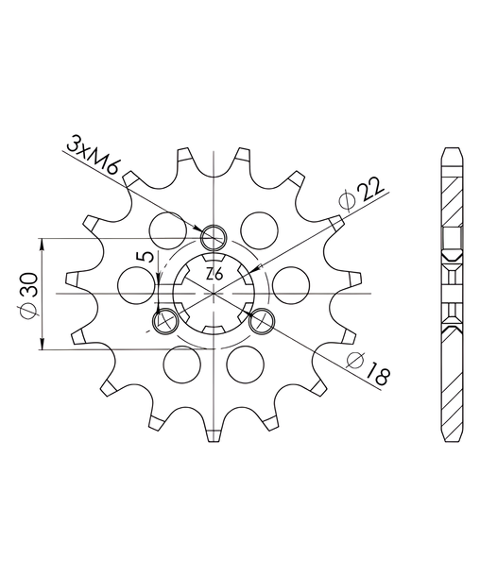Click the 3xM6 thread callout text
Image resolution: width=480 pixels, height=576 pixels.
pyautogui.click(x=93, y=155)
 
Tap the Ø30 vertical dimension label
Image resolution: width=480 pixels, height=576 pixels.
pyautogui.click(x=29, y=295)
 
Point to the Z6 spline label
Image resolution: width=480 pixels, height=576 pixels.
pyautogui.click(x=214, y=275)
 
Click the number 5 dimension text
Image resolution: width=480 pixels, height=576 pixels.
pyautogui.click(x=146, y=257)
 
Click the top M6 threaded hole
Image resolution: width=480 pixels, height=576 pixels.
pyautogui.click(x=214, y=237)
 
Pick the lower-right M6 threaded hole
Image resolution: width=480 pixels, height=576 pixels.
pyautogui.click(x=262, y=321)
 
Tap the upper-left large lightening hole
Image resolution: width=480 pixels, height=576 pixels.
pyautogui.click(x=168, y=230)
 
